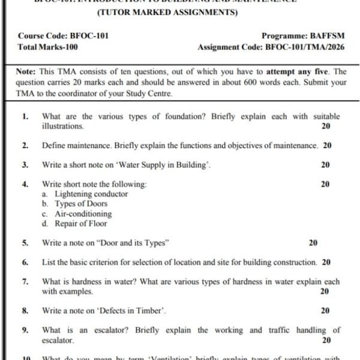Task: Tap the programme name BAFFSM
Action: click(x=327, y=36)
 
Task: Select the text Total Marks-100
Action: click(x=48, y=46)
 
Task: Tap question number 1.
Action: click(x=25, y=116)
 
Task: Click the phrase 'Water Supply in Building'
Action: click(x=160, y=164)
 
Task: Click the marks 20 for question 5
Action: click(x=313, y=243)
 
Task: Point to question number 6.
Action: click(x=25, y=262)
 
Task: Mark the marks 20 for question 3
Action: click(x=325, y=164)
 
